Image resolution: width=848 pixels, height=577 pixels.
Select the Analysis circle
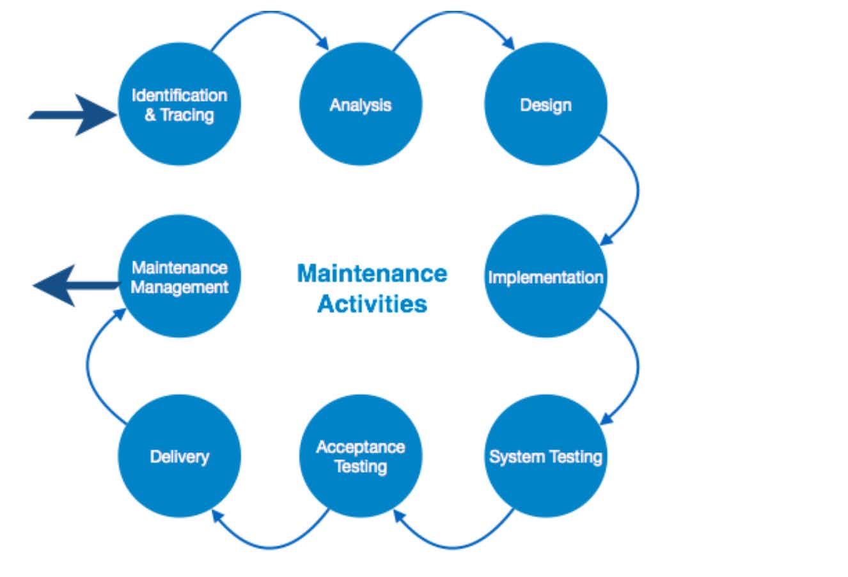click(x=360, y=104)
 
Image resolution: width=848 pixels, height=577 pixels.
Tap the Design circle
click(x=545, y=104)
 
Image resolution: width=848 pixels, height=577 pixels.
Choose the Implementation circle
click(x=545, y=276)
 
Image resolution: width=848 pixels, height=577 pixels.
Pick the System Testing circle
click(x=545, y=456)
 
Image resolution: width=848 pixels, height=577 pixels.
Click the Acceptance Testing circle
click(x=360, y=456)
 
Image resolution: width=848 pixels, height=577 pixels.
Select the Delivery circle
click(x=179, y=456)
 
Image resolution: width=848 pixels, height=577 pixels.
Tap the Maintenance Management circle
click(x=179, y=276)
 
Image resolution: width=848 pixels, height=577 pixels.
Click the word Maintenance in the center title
click(x=372, y=273)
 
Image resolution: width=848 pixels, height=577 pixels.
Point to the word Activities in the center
click(x=372, y=304)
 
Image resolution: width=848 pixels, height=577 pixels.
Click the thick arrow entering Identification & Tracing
click(x=70, y=115)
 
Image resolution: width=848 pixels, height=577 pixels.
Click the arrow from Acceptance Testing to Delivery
click(x=272, y=545)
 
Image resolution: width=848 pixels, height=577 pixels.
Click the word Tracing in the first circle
click(x=187, y=115)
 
